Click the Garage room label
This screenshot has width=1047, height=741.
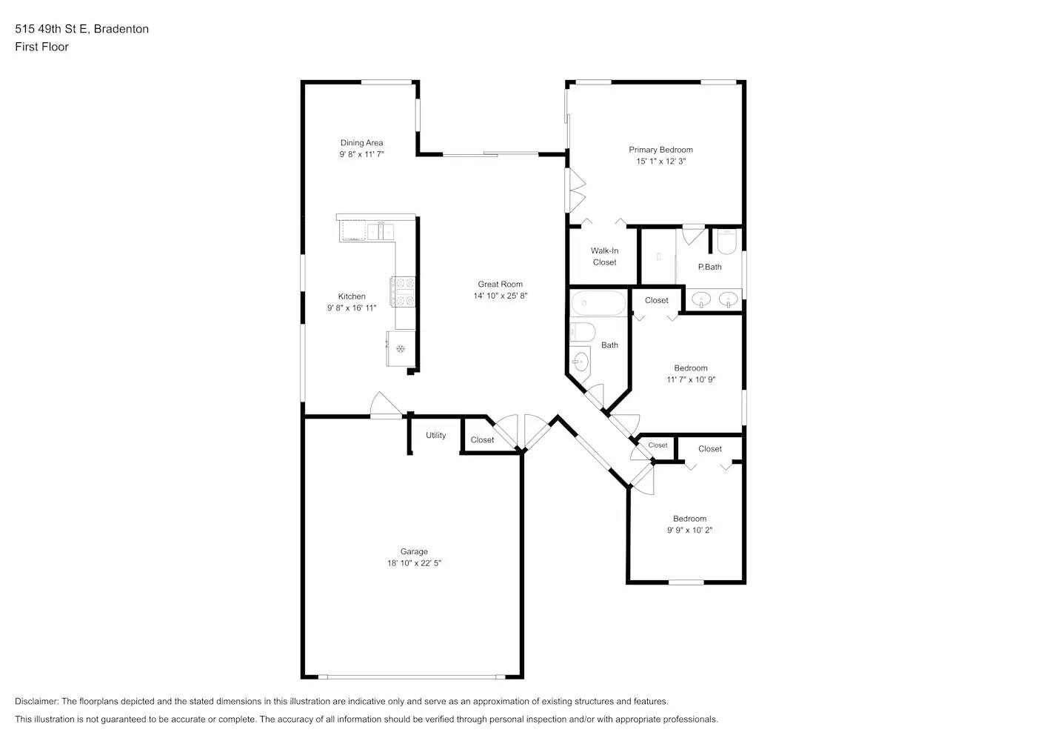(x=414, y=551)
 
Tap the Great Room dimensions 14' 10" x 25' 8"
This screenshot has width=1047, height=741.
(x=501, y=296)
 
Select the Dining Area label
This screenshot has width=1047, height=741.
(x=361, y=143)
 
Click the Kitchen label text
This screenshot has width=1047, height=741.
(x=352, y=296)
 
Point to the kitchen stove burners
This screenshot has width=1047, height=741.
(x=404, y=291)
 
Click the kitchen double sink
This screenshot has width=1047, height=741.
(x=380, y=232)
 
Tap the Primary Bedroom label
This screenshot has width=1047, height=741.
(x=660, y=150)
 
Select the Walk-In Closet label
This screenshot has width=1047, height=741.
(x=604, y=256)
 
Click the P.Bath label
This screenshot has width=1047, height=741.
(x=709, y=267)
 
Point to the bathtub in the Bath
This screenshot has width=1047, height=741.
(x=598, y=303)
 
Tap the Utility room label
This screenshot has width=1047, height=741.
(x=435, y=435)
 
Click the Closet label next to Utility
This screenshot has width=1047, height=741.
(x=482, y=440)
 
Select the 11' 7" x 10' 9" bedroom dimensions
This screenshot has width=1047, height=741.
(x=690, y=379)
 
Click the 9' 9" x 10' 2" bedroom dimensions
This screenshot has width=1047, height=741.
(x=689, y=530)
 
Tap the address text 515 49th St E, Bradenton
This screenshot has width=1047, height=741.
(x=81, y=29)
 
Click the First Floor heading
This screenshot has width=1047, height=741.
(x=41, y=47)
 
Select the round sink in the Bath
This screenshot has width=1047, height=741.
(x=581, y=362)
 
